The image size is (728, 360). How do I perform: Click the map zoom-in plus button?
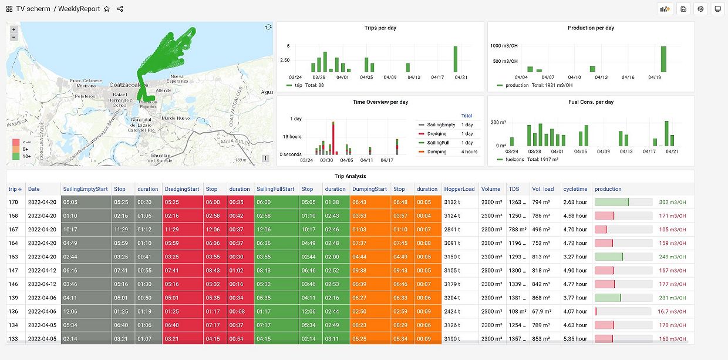(x=14, y=29)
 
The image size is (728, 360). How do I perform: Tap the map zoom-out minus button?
(x=14, y=37)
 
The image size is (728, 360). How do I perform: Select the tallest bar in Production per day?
(x=663, y=59)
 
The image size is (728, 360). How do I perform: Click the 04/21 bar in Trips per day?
(x=455, y=59)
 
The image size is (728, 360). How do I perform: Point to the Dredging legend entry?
(x=437, y=134)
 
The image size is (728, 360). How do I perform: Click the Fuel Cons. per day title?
(x=591, y=102)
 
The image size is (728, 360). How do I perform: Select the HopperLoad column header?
(x=460, y=189)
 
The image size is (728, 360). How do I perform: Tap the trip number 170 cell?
(x=13, y=202)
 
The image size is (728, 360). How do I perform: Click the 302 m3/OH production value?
(x=672, y=202)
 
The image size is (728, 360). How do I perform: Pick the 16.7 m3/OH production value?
(x=671, y=312)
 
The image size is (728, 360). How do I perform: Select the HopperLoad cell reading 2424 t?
(x=452, y=312)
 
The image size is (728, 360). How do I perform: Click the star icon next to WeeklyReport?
(x=106, y=9)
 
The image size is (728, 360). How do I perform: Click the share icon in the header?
(x=120, y=9)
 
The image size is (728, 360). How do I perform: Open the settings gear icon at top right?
(x=700, y=9)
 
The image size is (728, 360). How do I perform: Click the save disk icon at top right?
(x=683, y=9)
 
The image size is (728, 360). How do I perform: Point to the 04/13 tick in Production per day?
(x=601, y=77)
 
